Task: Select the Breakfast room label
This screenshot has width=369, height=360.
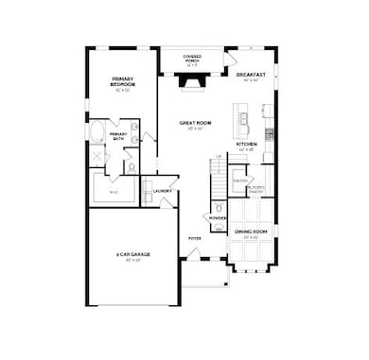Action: click(249, 76)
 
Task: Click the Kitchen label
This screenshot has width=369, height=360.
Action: click(247, 145)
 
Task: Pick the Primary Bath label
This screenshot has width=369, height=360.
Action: click(118, 136)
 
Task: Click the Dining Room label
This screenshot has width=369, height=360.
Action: click(247, 232)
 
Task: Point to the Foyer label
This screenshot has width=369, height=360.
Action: click(194, 238)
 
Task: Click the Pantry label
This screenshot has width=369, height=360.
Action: click(239, 180)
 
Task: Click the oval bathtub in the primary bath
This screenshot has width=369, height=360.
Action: click(97, 131)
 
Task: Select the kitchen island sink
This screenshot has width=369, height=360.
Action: click(242, 120)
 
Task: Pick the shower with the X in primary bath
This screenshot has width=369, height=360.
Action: click(97, 157)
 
